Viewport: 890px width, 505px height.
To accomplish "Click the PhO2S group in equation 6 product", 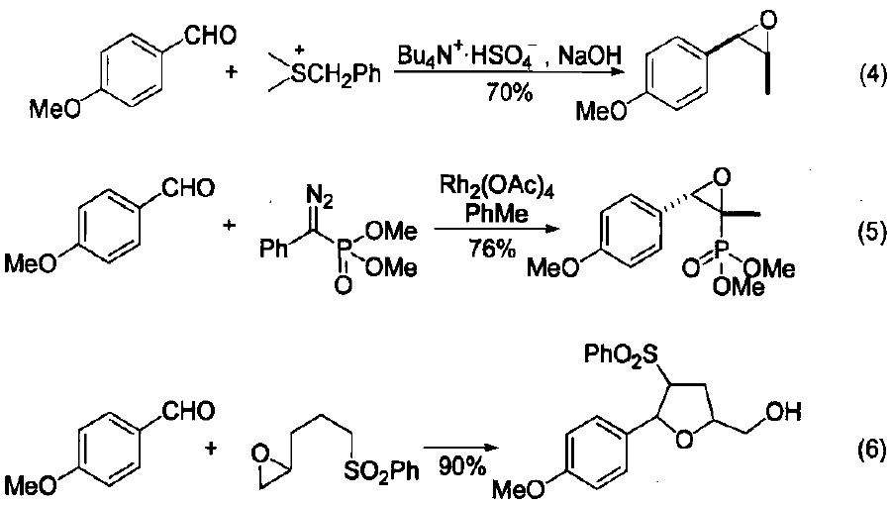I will click(x=620, y=353).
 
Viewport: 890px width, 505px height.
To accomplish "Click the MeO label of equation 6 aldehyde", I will click(x=31, y=485).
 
